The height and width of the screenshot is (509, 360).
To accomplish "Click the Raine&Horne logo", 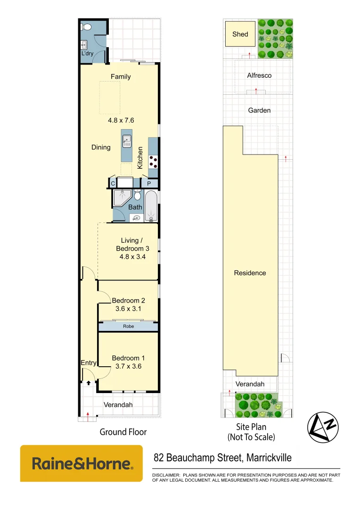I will coord(81,463).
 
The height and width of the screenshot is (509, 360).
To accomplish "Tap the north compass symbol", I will coord(323,427).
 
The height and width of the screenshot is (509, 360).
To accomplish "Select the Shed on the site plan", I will coord(240,34).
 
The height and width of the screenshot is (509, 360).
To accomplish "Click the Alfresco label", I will coord(259,75).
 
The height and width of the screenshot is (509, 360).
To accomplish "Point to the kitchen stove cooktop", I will coord(154,162).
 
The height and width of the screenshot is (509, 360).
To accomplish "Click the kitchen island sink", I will coord(126,140).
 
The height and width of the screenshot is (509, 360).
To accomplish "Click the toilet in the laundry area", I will coord(86,27).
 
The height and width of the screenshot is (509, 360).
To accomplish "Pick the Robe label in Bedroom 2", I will coord(128,326).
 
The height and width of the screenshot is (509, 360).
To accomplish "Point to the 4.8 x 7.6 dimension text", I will coord(121,120).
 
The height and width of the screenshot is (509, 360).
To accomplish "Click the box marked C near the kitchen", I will coord(113,183).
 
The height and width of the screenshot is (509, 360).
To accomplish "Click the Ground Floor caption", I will coord(123,432).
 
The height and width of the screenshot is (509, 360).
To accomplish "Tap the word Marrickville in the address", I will coord(266,458).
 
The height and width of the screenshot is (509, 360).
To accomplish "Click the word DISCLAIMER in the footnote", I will coord(165,475).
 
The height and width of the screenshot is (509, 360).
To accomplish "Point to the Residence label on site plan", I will coord(250,273).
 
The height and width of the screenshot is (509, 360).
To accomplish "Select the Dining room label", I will coord(101,148).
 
